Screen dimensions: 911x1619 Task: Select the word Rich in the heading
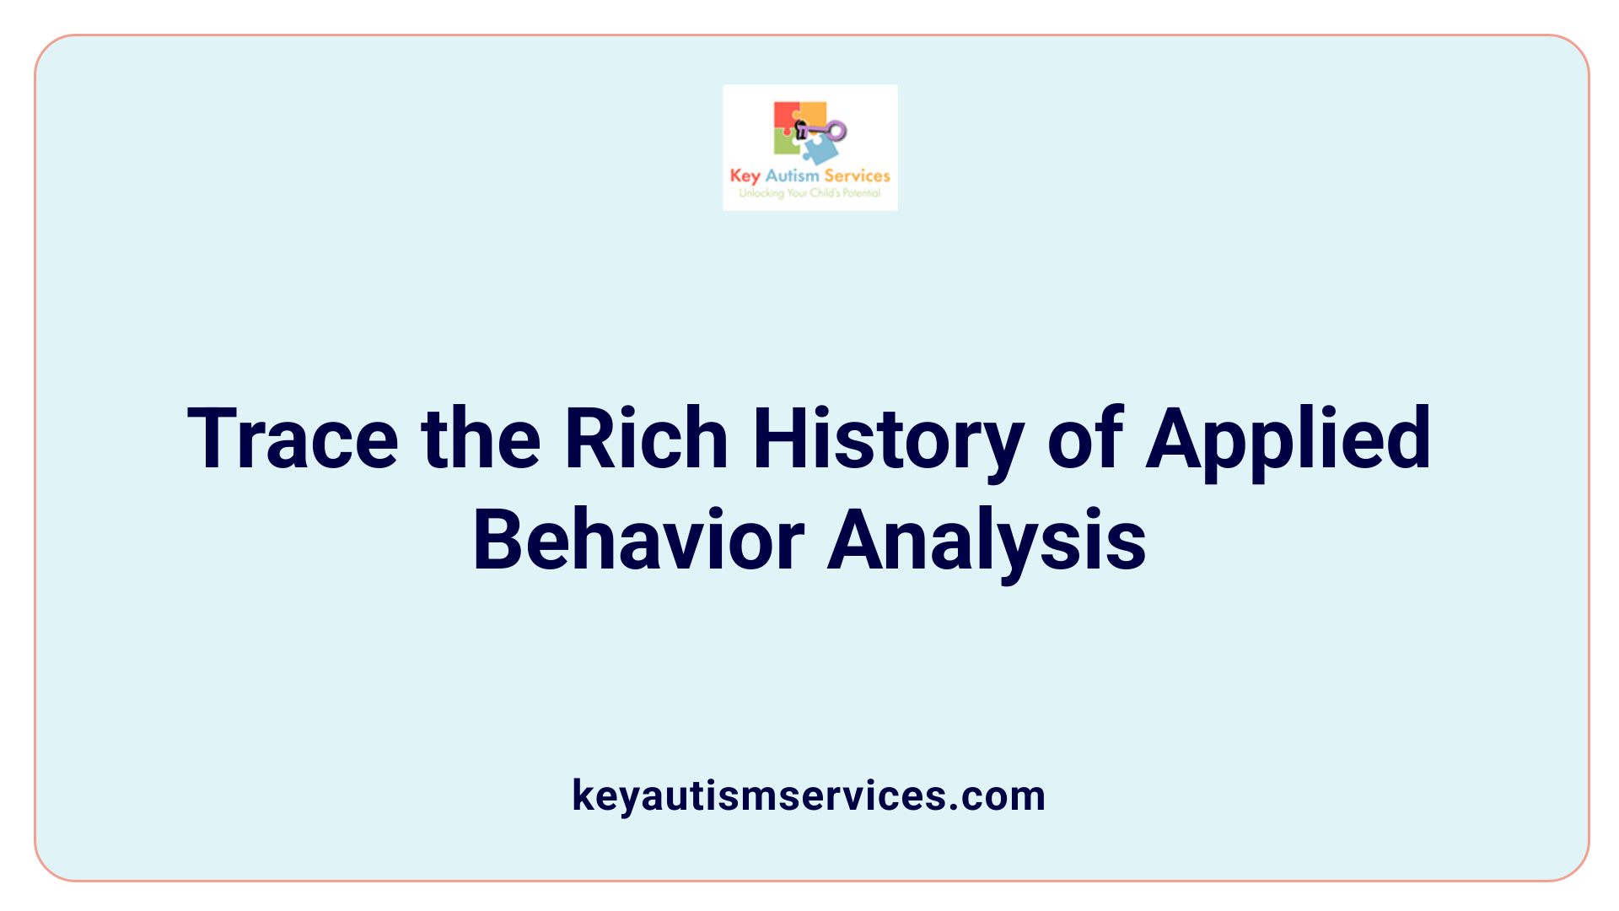point(646,439)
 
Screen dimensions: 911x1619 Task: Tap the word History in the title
point(889,439)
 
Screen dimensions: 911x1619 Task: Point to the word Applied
point(1288,439)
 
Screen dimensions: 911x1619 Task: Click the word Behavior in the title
point(638,541)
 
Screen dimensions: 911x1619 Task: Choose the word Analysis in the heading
point(987,541)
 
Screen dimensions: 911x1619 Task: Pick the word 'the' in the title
point(481,439)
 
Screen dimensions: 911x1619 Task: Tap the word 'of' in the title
point(1084,439)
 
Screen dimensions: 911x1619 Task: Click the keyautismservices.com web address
point(809,795)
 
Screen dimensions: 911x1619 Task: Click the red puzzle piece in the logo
point(785,116)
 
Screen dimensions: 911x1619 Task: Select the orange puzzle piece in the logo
point(813,114)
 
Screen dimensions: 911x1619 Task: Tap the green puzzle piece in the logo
point(786,143)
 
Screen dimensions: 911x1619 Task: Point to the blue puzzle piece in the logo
point(820,150)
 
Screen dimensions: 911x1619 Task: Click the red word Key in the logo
point(745,176)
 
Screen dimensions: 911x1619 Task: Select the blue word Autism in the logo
point(792,175)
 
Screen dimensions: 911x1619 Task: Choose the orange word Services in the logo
point(857,175)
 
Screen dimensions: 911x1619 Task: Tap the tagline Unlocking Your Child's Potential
point(809,193)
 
